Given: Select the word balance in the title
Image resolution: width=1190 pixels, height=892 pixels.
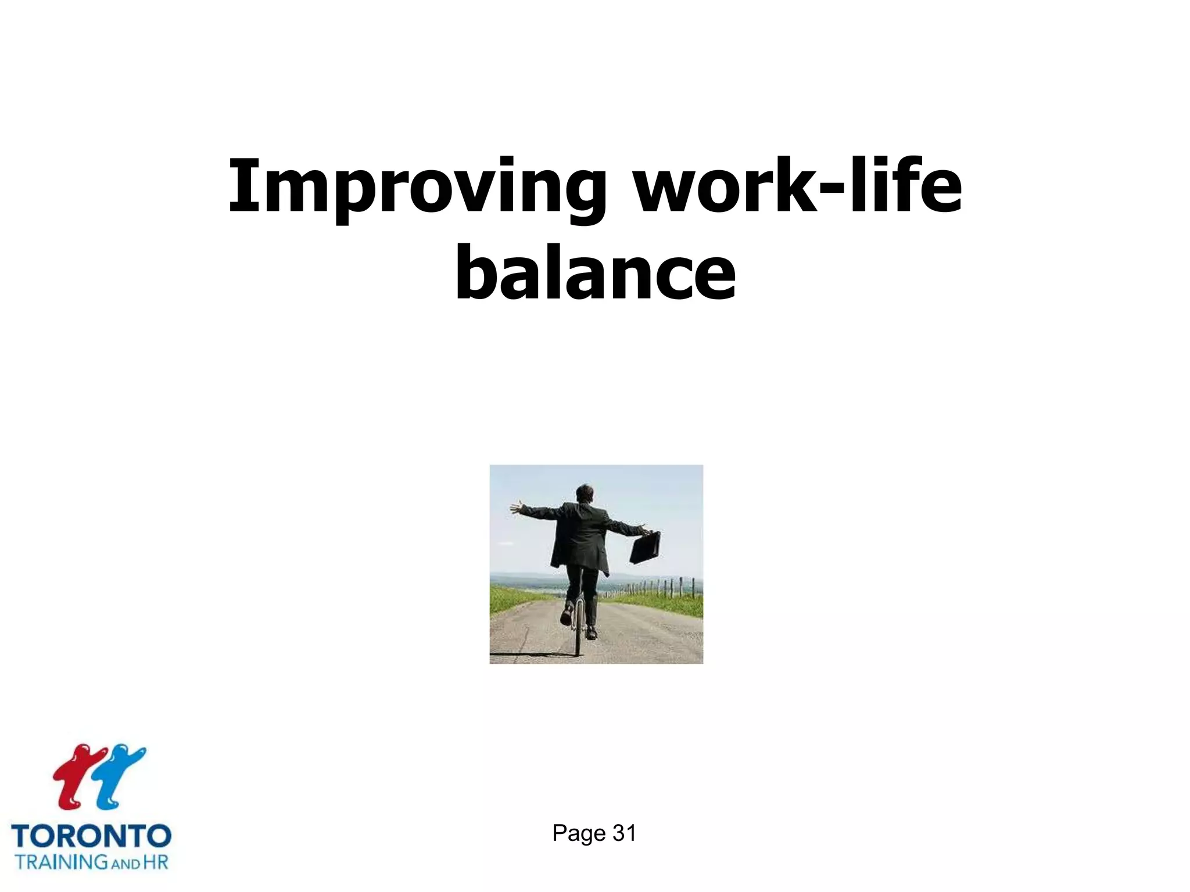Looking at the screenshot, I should (595, 273).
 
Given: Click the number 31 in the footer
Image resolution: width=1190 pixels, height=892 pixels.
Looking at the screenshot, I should (625, 833).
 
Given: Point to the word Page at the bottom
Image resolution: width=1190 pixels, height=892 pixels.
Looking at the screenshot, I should (579, 833).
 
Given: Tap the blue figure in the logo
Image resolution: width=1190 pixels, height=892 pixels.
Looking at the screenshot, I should (119, 775).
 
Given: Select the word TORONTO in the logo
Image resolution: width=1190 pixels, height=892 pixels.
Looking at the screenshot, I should (91, 837).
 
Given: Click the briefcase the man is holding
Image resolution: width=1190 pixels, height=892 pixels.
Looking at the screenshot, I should (645, 548).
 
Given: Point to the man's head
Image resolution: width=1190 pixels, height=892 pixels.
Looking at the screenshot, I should (584, 493).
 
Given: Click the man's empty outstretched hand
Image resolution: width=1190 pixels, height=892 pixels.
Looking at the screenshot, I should (515, 508).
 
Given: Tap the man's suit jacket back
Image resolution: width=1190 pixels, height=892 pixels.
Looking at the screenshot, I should (580, 534).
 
